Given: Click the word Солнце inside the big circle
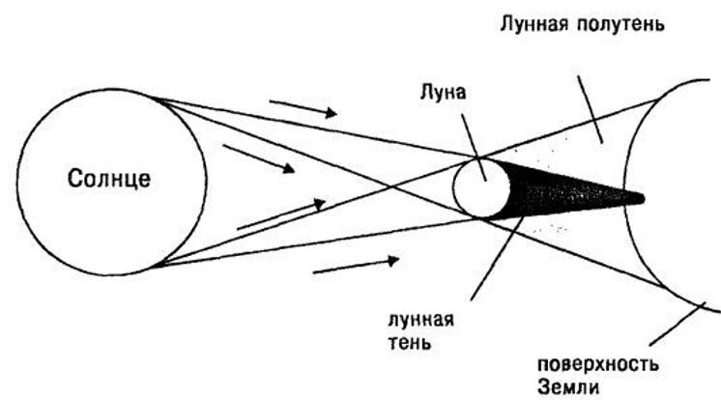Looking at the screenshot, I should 110,180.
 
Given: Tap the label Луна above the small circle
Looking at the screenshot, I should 444,93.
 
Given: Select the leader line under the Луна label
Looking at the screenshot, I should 470,135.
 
